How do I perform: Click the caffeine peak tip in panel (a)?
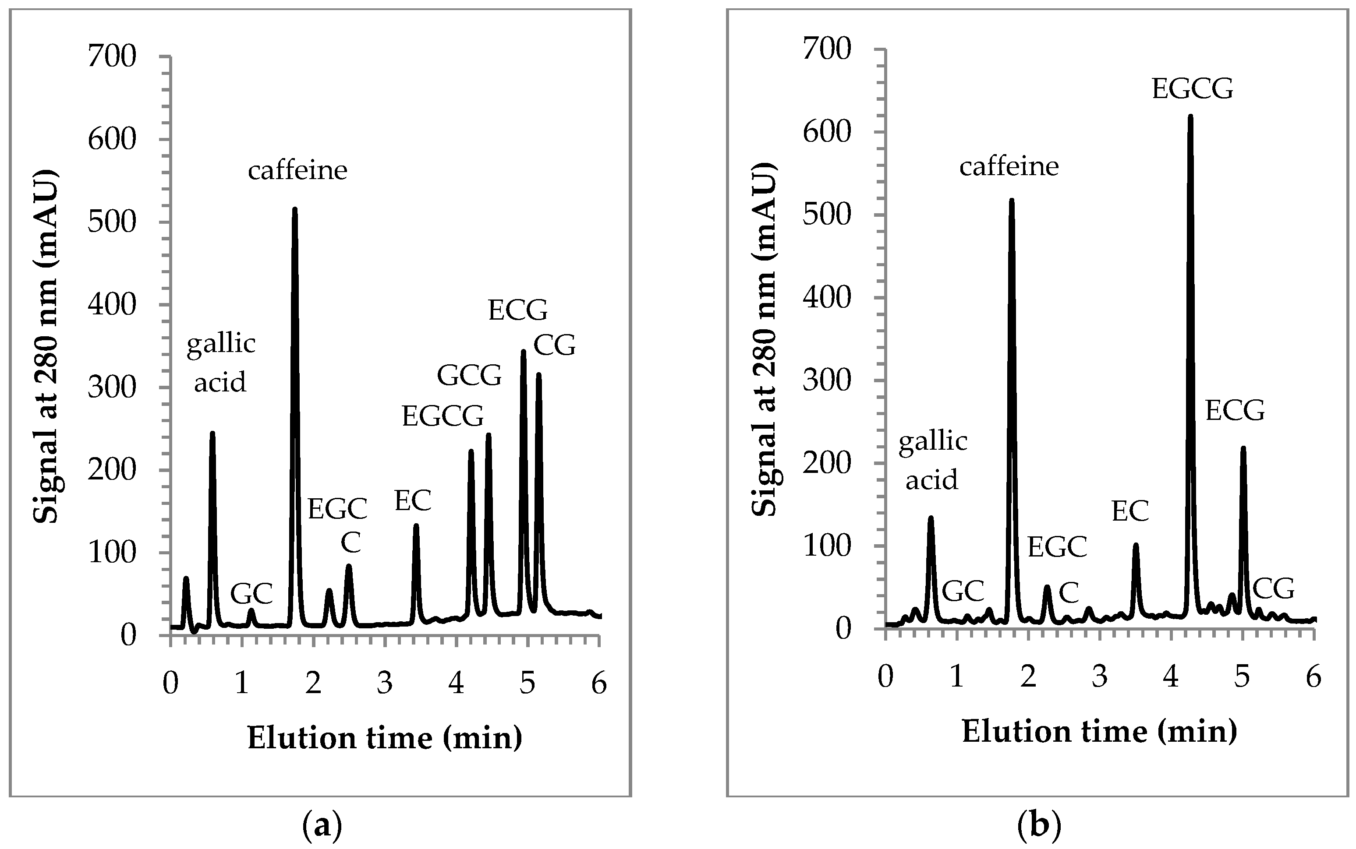pos(294,209)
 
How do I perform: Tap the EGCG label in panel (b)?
pos(1192,89)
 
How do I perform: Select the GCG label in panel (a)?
pos(469,375)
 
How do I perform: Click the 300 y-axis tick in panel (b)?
pos(827,380)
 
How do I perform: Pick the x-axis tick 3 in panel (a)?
pos(385,684)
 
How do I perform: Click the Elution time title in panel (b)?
pos(1099,732)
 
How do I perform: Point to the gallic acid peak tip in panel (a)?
pos(212,433)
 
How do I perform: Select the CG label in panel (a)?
pos(554,345)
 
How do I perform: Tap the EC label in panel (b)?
pos(1130,511)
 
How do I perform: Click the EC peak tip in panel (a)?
pos(416,525)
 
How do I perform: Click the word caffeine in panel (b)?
pos(1009,166)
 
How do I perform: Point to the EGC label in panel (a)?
pos(337,509)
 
